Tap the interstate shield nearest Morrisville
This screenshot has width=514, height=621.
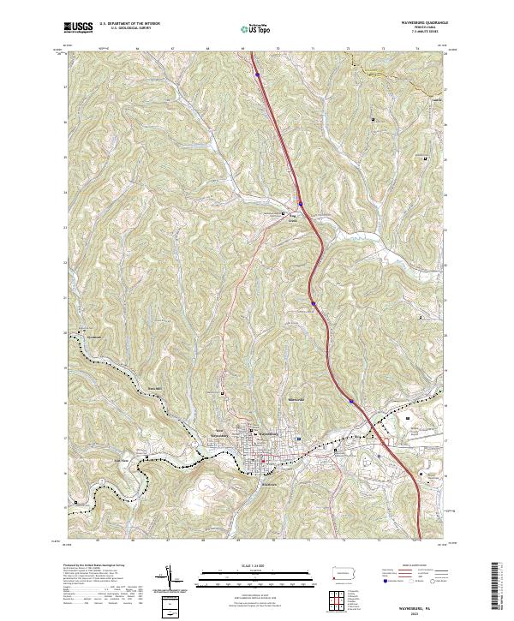pyautogui.click(x=351, y=398)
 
